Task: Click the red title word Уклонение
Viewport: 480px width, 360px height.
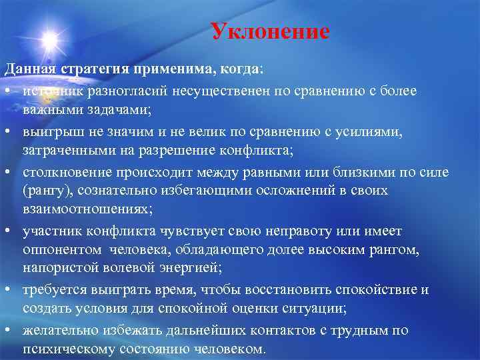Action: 269,31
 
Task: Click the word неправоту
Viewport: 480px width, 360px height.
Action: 297,231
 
